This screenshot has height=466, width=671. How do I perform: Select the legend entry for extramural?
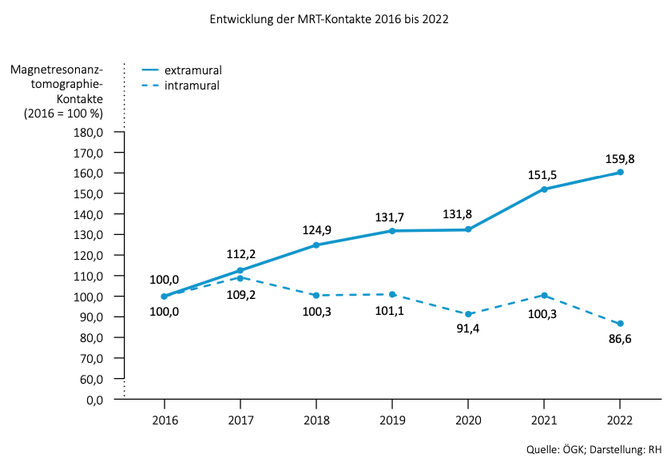click(x=193, y=70)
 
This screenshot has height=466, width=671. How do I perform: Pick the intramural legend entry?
click(x=192, y=85)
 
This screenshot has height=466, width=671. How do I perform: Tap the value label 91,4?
click(x=467, y=329)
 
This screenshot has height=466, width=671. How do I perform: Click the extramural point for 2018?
click(x=316, y=245)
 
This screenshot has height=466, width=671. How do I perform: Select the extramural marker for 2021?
click(x=544, y=189)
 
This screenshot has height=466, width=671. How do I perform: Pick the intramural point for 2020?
click(x=468, y=314)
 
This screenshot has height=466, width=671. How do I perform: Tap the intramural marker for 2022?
click(x=620, y=324)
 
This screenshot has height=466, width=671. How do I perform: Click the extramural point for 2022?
click(x=620, y=172)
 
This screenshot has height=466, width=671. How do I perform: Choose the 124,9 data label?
click(x=316, y=230)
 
